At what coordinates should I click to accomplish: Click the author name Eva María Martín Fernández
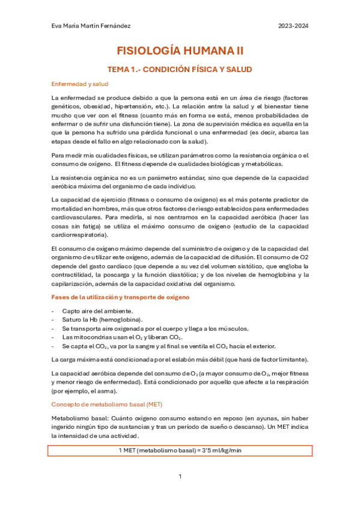(x=91, y=26)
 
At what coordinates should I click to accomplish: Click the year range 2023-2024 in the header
(x=294, y=26)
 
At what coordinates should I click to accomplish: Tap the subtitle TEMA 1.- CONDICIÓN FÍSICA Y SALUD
(x=180, y=70)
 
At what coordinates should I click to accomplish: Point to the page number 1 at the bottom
(x=180, y=477)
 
